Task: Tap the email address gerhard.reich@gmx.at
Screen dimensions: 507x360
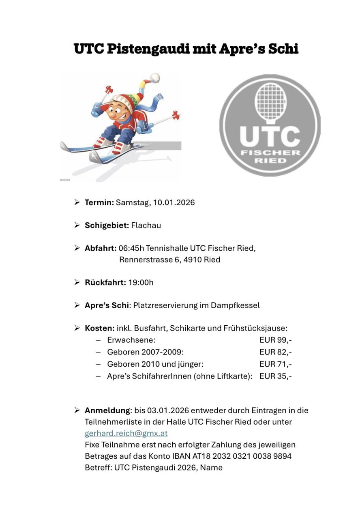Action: pyautogui.click(x=126, y=433)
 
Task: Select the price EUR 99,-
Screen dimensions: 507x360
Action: pyautogui.click(x=275, y=340)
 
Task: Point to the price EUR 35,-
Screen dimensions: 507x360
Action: pyautogui.click(x=275, y=376)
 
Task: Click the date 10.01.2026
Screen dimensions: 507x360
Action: pyautogui.click(x=174, y=202)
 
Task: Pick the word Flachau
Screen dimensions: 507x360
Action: pyautogui.click(x=146, y=225)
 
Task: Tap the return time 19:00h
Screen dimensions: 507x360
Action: pyautogui.click(x=141, y=282)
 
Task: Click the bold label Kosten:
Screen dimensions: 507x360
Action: pyautogui.click(x=99, y=328)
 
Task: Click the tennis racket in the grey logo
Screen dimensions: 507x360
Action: pyautogui.click(x=270, y=101)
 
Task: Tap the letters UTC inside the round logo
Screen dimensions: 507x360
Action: pyautogui.click(x=270, y=137)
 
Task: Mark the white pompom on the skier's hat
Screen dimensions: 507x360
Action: pyautogui.click(x=154, y=77)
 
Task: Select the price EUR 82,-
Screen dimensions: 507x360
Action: pyautogui.click(x=275, y=352)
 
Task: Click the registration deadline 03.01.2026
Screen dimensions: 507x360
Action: pyautogui.click(x=167, y=410)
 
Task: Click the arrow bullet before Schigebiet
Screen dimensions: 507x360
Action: pyautogui.click(x=77, y=225)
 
